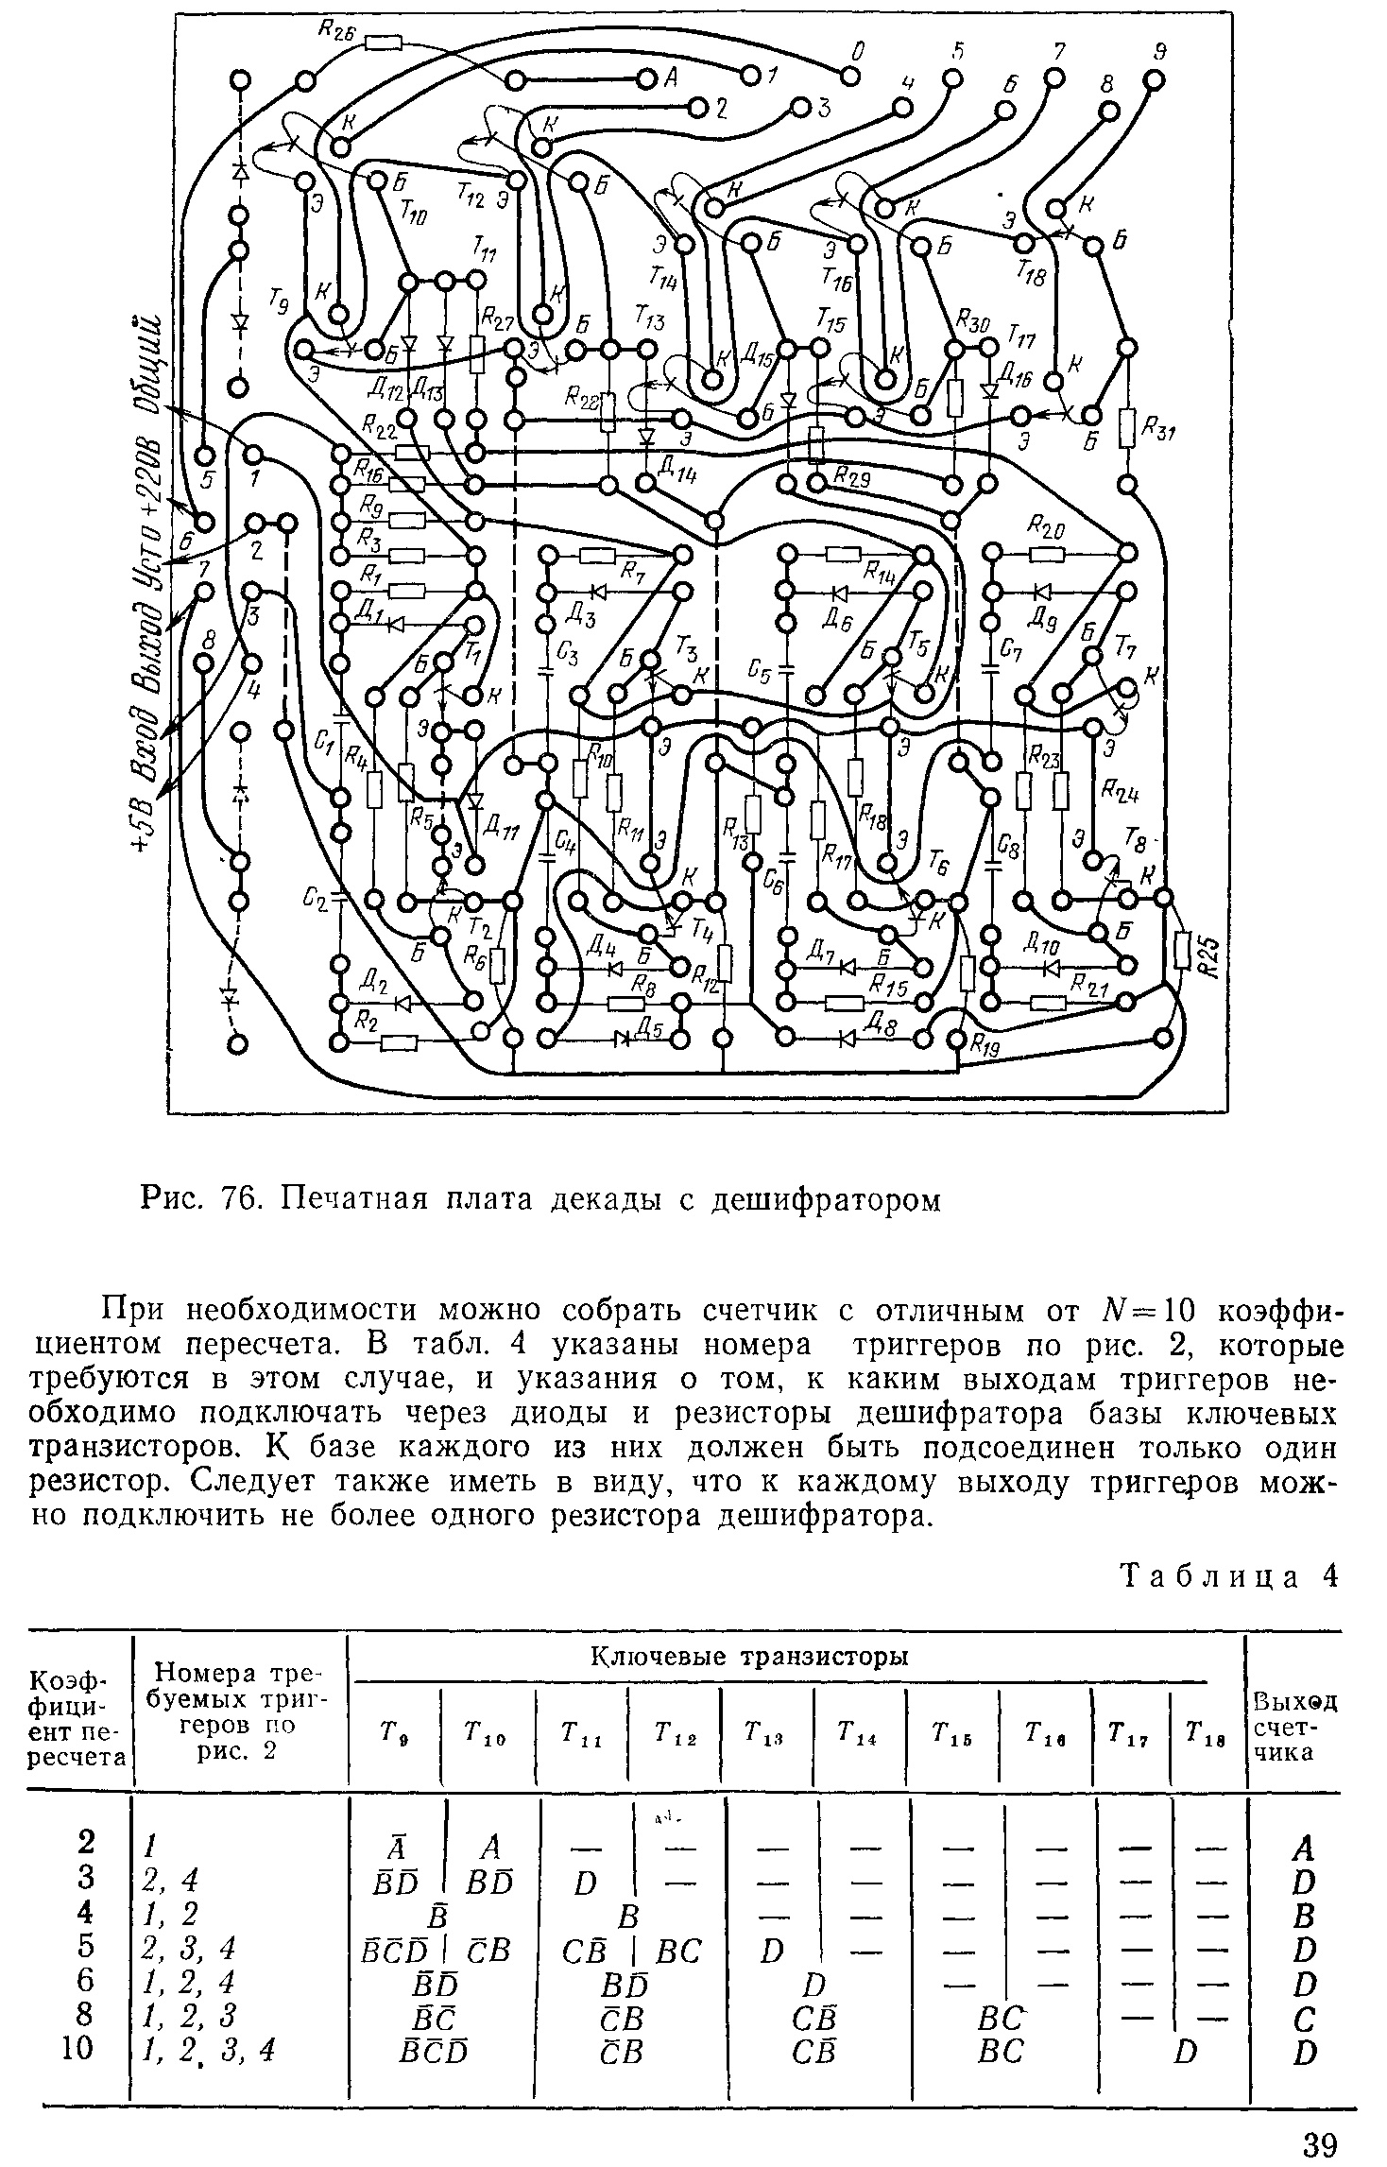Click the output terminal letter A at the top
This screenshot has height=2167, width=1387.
pos(671,79)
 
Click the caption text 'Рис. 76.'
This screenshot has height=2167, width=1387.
pos(194,1199)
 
